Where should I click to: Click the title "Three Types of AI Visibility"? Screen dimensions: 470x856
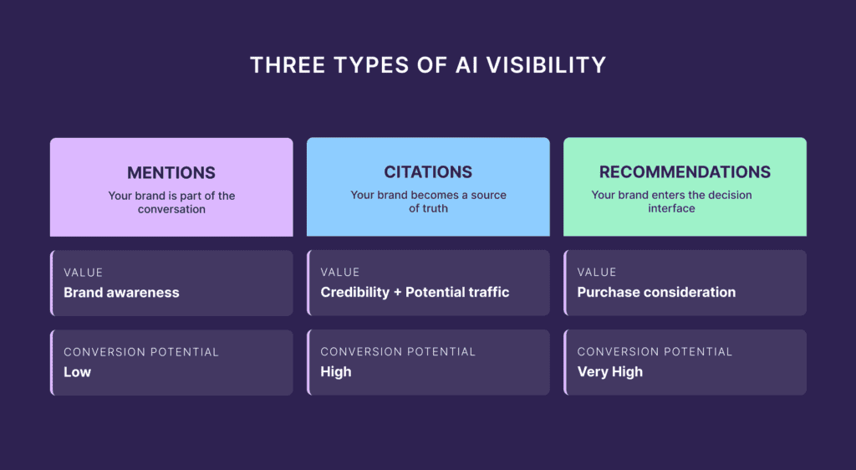[x=428, y=65]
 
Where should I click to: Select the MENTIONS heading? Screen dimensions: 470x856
[x=171, y=173]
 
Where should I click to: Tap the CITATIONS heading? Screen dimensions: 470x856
[x=428, y=172]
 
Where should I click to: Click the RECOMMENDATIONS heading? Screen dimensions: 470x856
[x=685, y=172]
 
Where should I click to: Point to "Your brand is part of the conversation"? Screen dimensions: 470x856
[x=171, y=202]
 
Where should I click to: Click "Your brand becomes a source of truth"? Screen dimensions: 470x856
[x=428, y=202]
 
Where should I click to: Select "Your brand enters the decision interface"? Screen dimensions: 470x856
[x=671, y=202]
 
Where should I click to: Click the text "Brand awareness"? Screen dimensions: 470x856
[x=121, y=293]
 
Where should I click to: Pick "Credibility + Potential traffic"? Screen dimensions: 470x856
[x=415, y=293]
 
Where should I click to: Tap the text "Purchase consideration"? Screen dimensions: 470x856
[x=656, y=293]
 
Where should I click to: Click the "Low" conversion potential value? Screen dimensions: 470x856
[x=77, y=372]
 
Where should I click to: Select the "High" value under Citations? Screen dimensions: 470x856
[x=336, y=372]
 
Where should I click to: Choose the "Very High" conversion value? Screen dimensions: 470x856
[x=609, y=372]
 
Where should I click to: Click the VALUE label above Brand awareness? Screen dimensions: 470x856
[x=83, y=273]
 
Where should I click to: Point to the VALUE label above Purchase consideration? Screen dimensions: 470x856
[x=596, y=273]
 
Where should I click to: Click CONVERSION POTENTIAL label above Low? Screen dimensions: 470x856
[x=141, y=352]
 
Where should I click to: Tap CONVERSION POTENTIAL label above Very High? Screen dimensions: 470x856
[x=655, y=352]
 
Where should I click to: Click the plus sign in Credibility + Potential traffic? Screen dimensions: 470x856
[x=398, y=293]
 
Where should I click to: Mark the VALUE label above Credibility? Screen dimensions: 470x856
[x=339, y=273]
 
